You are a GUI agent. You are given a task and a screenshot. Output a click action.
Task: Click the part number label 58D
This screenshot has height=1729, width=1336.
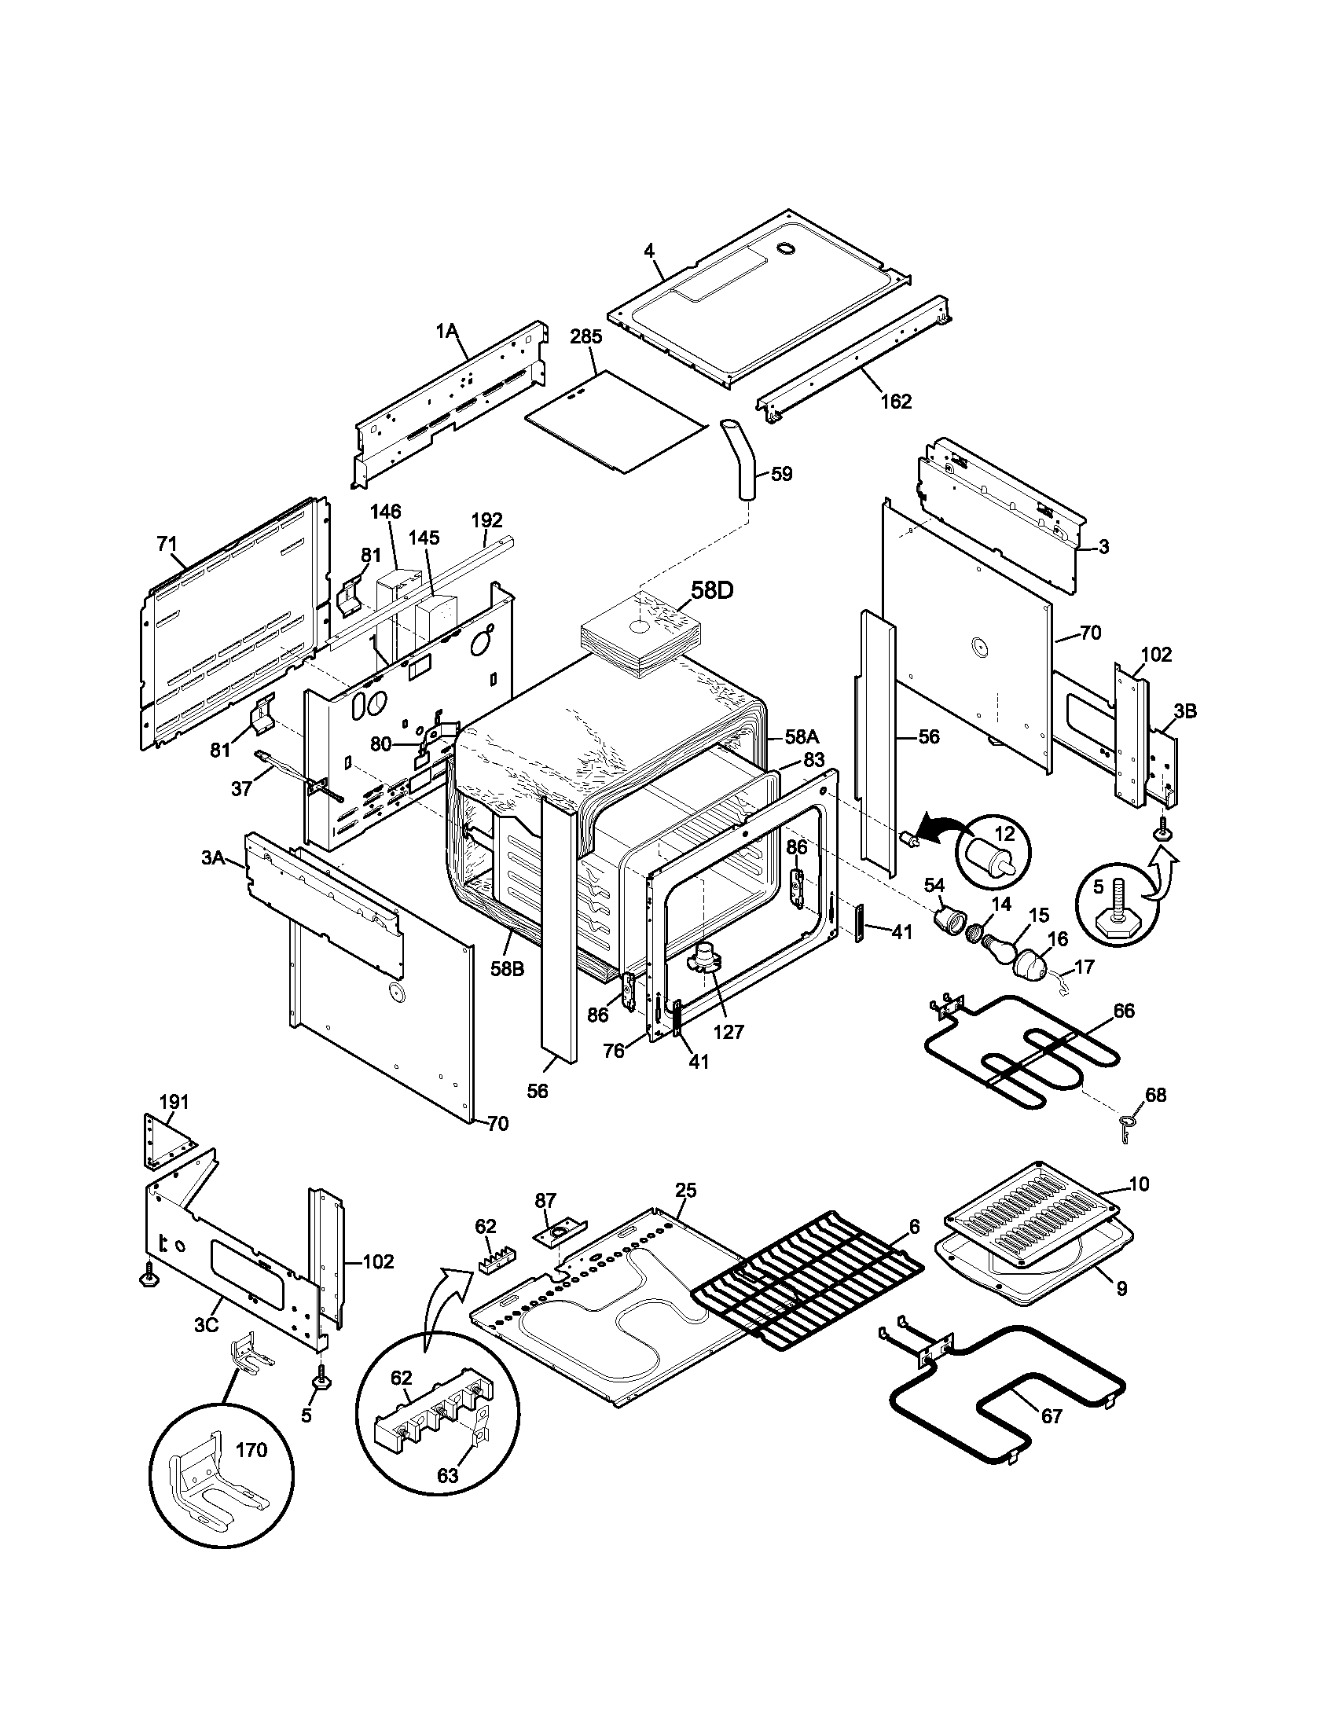click(713, 590)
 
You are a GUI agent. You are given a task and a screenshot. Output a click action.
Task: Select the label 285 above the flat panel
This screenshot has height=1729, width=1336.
click(585, 336)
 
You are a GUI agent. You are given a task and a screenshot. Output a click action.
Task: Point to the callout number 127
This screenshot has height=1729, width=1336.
click(729, 1033)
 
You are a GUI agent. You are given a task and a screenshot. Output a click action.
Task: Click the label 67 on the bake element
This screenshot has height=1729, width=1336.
click(1051, 1415)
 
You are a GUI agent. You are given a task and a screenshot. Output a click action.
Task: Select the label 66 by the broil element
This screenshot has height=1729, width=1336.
click(1123, 1010)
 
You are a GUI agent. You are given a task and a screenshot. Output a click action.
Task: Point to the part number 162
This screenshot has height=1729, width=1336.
click(896, 402)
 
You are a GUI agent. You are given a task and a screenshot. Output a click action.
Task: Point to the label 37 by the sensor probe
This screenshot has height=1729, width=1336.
click(242, 788)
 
